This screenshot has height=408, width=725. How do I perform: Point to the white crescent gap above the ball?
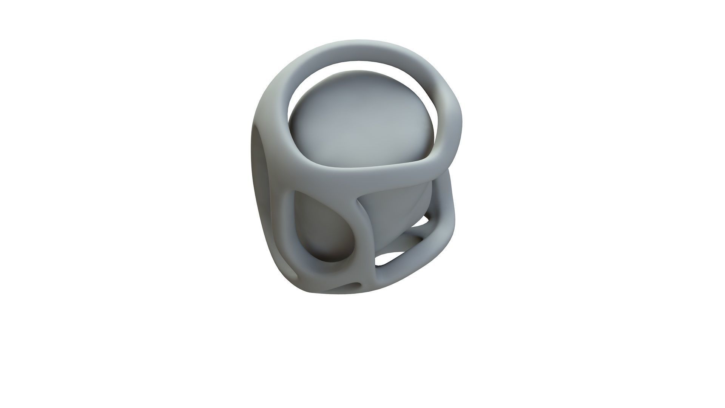[x=362, y=64]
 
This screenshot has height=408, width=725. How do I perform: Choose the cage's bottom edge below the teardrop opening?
[x=332, y=276]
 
